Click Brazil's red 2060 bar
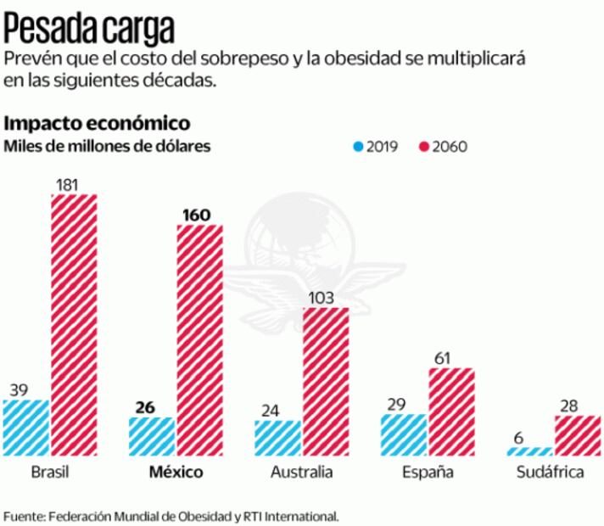pyautogui.click(x=75, y=325)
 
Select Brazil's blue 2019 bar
pyautogui.click(x=25, y=428)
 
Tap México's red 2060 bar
pyautogui.click(x=200, y=340)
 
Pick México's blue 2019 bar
pyautogui.click(x=152, y=436)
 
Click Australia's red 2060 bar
pyautogui.click(x=326, y=382)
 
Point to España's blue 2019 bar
pyautogui.click(x=404, y=435)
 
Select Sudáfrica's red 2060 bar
pyautogui.click(x=578, y=435)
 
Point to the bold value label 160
pyautogui.click(x=196, y=215)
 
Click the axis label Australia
pyautogui.click(x=302, y=472)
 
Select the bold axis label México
pyautogui.click(x=176, y=472)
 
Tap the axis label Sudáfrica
pyautogui.click(x=553, y=472)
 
